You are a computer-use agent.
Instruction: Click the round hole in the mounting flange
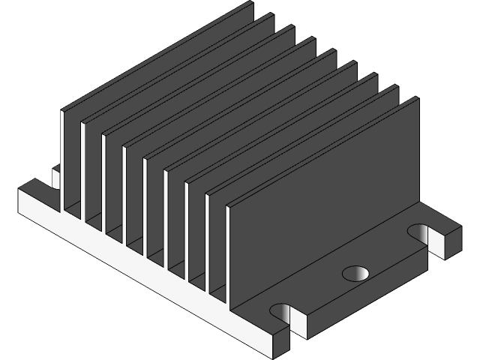(x=356, y=272)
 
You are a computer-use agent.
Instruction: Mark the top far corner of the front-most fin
(x=418, y=98)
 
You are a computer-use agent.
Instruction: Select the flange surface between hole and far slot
(x=390, y=251)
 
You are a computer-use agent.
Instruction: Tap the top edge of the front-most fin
(x=322, y=142)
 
